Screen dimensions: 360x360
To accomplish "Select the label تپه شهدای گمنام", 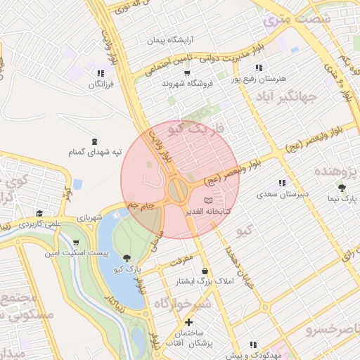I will point(95,151).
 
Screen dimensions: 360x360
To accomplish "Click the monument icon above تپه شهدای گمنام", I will point(95,139).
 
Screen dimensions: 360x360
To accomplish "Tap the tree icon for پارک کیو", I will point(127,258).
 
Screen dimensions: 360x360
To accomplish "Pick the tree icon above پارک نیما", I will point(342,188).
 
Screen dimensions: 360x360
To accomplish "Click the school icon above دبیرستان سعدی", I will point(282,183).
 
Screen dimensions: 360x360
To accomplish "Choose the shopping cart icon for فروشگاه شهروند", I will point(187,72).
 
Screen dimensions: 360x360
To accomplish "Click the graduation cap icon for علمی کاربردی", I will point(40,213).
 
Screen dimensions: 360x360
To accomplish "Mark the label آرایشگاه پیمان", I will point(169,40).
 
